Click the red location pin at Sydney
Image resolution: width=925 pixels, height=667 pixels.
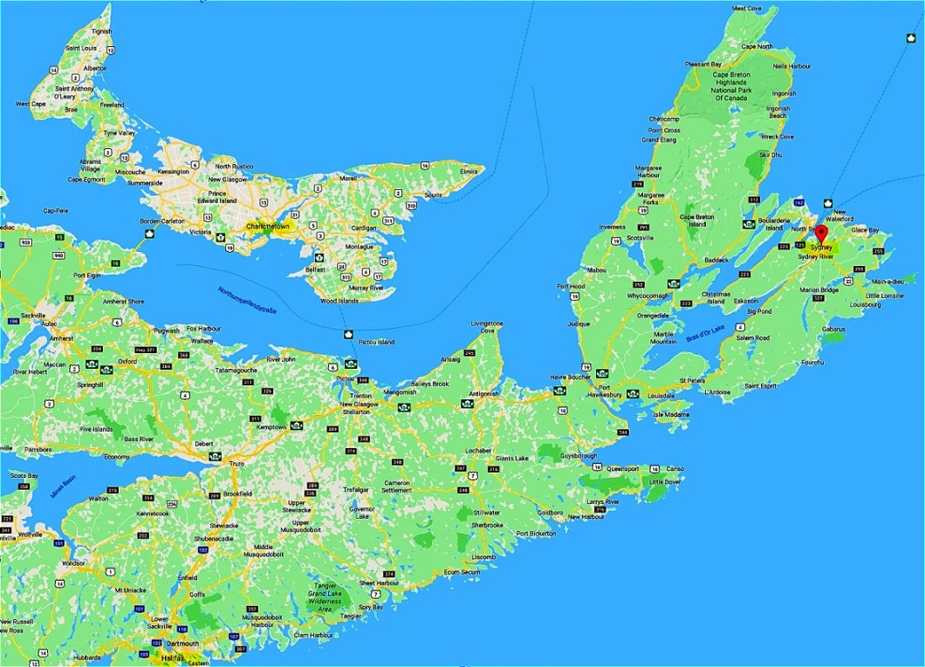[820, 232]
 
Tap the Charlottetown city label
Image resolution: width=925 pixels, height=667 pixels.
[268, 227]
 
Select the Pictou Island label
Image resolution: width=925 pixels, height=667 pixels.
[376, 343]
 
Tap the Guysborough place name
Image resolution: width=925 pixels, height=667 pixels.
[578, 455]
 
